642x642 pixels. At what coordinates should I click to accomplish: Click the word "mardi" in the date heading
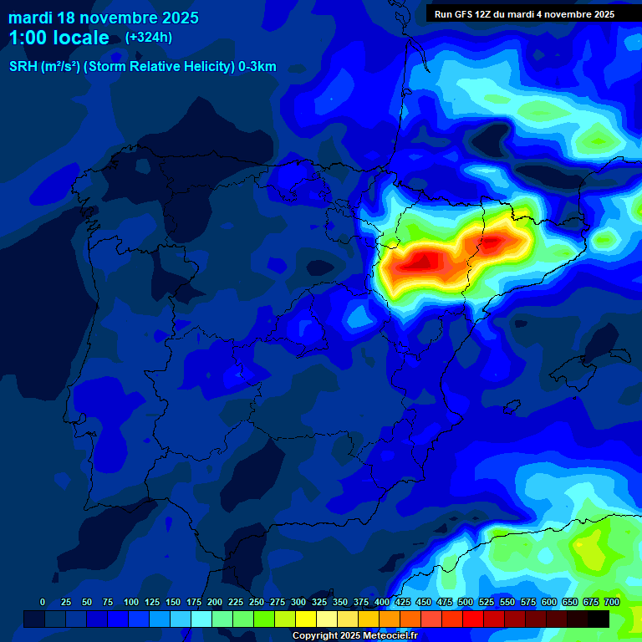coord(30,17)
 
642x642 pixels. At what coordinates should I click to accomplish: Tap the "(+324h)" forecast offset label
coord(149,37)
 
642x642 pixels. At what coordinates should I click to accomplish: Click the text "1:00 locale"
coord(59,38)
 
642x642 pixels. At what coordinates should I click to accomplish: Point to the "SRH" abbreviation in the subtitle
coord(23,67)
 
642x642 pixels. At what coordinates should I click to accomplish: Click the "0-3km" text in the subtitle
coord(257,67)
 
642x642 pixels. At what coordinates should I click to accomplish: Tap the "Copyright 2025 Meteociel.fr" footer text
coord(354,636)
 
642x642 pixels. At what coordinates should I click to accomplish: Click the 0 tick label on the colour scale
coord(43,602)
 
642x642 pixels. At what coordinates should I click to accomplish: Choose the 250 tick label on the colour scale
coord(257,602)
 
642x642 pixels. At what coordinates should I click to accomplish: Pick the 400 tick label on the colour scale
coord(382,602)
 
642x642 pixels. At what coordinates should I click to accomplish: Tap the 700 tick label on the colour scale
coord(612,602)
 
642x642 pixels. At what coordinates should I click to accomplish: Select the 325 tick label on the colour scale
coord(319,602)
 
